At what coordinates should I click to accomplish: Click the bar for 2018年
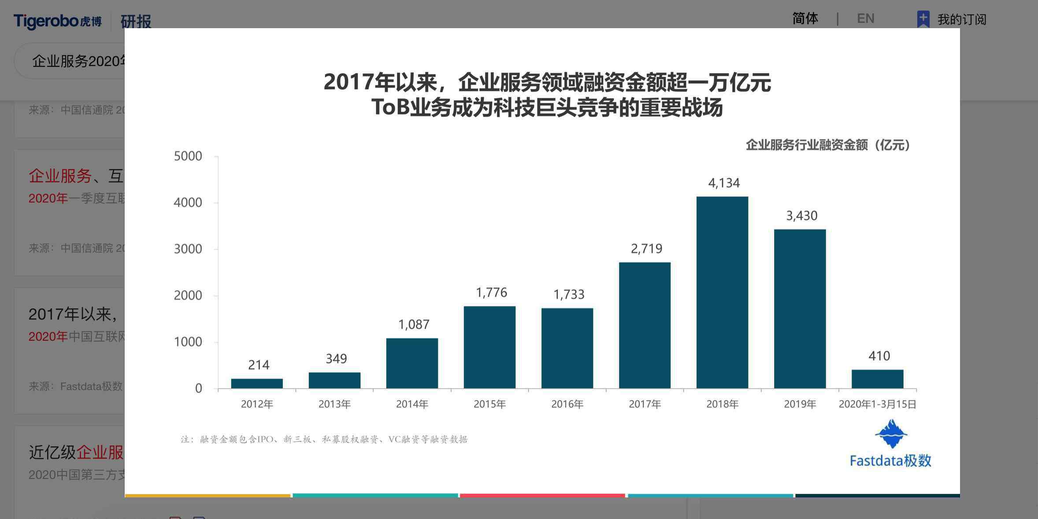point(722,292)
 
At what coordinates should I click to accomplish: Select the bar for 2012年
point(257,383)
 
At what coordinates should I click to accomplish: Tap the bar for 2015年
point(489,347)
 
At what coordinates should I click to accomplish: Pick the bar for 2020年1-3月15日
point(877,379)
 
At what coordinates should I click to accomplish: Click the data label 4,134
point(724,183)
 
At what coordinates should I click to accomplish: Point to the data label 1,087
point(414,324)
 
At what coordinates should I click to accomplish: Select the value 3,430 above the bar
point(801,216)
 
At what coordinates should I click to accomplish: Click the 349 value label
point(336,359)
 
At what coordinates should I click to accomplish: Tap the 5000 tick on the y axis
point(188,156)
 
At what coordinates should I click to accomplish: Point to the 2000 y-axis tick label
point(188,295)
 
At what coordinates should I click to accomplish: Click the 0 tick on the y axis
point(199,388)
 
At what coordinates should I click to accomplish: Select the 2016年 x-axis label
point(567,404)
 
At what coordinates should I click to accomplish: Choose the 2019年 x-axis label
point(800,404)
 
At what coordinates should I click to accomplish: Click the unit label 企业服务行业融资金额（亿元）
point(828,145)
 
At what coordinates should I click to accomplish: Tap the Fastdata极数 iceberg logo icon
point(891,434)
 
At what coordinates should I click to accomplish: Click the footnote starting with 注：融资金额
point(324,439)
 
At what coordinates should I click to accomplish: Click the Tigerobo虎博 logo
point(58,21)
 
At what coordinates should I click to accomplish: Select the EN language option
point(865,18)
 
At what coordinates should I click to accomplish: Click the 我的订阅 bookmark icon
point(923,19)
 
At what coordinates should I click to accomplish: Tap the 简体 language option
point(805,18)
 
